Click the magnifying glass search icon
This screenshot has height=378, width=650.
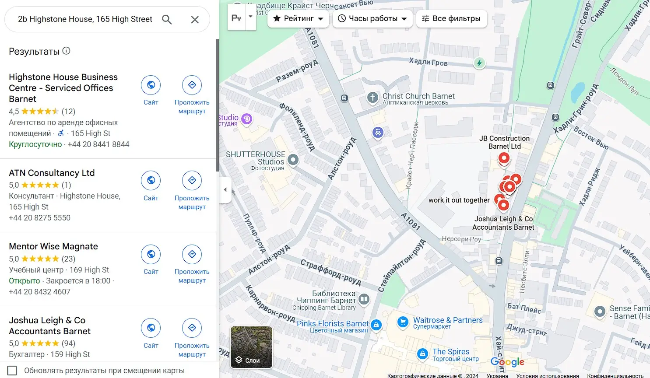coord(167,19)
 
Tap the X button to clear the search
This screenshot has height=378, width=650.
coord(195,19)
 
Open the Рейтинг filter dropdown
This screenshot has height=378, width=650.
coord(298,18)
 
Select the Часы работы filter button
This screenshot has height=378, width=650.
coord(372,18)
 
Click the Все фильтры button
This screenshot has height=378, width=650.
coord(451,18)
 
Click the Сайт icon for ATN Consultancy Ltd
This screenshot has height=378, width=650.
coord(151,180)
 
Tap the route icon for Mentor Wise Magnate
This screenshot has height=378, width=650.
coord(192,254)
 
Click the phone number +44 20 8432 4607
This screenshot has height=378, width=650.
coord(39,292)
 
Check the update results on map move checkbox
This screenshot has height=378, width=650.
coord(12,371)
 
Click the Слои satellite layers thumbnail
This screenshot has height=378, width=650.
coord(251,347)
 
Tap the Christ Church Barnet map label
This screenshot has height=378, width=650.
coord(418,96)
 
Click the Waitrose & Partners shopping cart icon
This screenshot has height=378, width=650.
coord(402,322)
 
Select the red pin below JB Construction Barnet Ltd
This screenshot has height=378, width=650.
coord(504,158)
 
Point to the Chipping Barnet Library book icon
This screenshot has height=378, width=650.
coord(364,299)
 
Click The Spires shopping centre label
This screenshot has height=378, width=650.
coord(451,352)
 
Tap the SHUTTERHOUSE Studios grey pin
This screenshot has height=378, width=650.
coord(293,160)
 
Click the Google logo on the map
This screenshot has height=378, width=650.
coord(507,362)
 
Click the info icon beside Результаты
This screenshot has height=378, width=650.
coord(66,51)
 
